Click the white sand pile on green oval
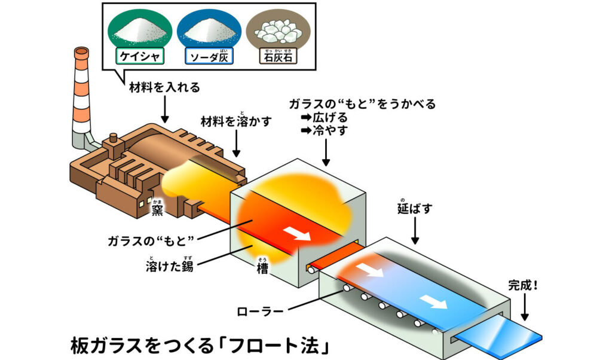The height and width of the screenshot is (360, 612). click(x=140, y=30)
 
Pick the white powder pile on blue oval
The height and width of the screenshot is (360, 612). click(x=209, y=30)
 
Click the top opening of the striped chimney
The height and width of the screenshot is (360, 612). click(x=81, y=51)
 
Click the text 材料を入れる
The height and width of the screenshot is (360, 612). click(x=164, y=87)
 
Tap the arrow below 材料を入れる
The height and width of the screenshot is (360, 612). click(x=165, y=109)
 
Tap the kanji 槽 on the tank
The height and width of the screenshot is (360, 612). click(x=262, y=267)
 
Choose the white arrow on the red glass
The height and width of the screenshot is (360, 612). click(x=297, y=233)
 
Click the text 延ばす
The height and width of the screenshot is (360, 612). click(x=415, y=208)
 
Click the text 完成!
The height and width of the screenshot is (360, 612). click(x=523, y=285)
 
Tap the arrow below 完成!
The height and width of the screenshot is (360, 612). click(x=525, y=307)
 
